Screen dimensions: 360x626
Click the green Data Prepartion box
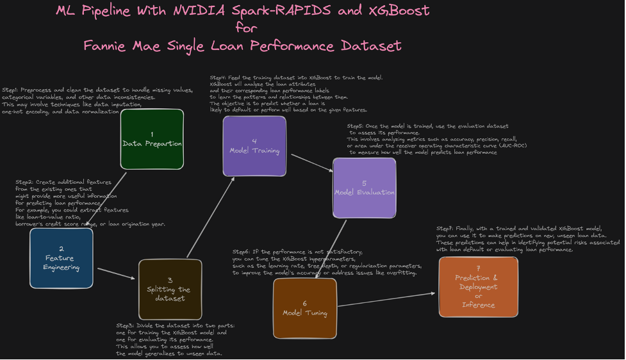coord(152,139)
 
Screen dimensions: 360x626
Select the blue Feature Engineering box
coord(61,258)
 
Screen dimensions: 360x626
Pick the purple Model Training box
coord(254,146)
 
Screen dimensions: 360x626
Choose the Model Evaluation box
coord(364,188)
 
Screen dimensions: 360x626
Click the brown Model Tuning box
coord(304,308)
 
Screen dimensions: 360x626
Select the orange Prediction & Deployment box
coord(478,286)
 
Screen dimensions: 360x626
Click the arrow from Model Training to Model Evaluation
coord(309,163)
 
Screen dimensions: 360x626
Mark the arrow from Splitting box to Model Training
coord(210,218)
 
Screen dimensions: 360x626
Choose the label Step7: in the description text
coord(446,229)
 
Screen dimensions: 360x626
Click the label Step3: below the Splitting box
coord(127,326)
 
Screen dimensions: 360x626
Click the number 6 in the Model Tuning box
coord(304,304)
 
